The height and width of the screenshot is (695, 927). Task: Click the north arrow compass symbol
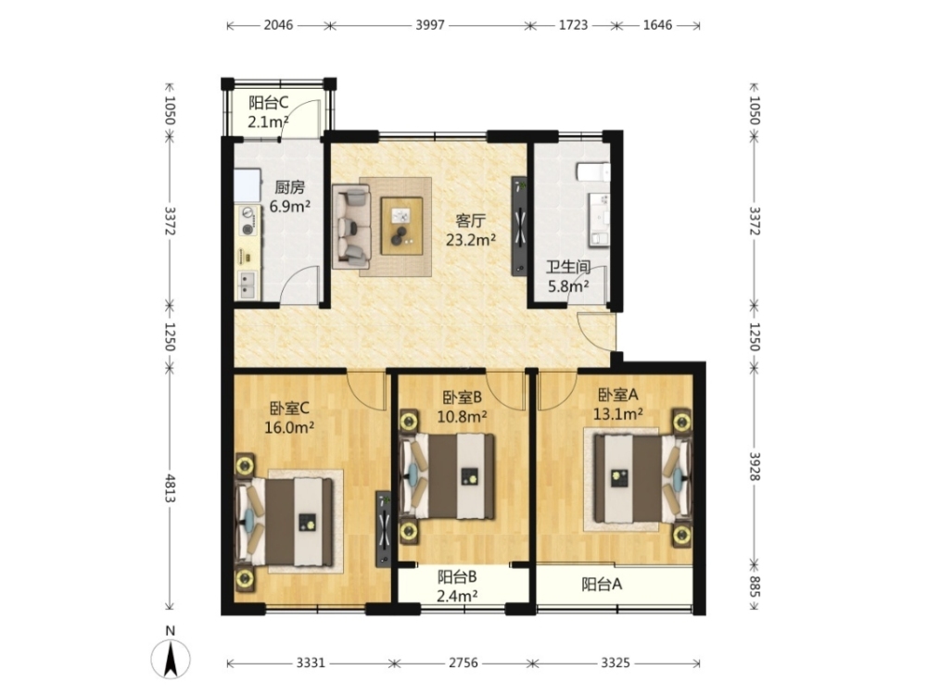171,657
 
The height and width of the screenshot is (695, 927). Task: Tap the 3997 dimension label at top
430,25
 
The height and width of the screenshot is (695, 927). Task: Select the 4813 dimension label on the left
171,488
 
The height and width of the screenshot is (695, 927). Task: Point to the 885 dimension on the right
755,587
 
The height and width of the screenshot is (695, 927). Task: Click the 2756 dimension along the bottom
463,663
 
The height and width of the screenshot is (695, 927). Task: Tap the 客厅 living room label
471,221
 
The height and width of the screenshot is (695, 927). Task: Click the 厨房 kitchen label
289,188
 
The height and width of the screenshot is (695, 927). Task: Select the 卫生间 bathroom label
568,267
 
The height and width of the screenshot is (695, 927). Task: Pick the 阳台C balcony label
269,103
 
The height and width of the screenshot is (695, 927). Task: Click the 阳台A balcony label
602,585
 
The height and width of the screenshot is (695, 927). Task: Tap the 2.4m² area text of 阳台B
458,596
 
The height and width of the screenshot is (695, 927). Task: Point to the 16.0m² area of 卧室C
289,427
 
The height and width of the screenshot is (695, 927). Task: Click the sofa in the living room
351,227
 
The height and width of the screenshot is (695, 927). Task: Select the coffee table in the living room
402,226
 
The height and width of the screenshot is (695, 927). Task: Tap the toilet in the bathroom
593,172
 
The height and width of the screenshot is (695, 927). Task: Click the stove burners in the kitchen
248,221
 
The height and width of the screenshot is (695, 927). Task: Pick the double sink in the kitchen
248,284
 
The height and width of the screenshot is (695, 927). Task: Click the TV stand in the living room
520,226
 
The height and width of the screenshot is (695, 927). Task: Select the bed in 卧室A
642,479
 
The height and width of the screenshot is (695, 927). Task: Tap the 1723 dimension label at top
574,25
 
